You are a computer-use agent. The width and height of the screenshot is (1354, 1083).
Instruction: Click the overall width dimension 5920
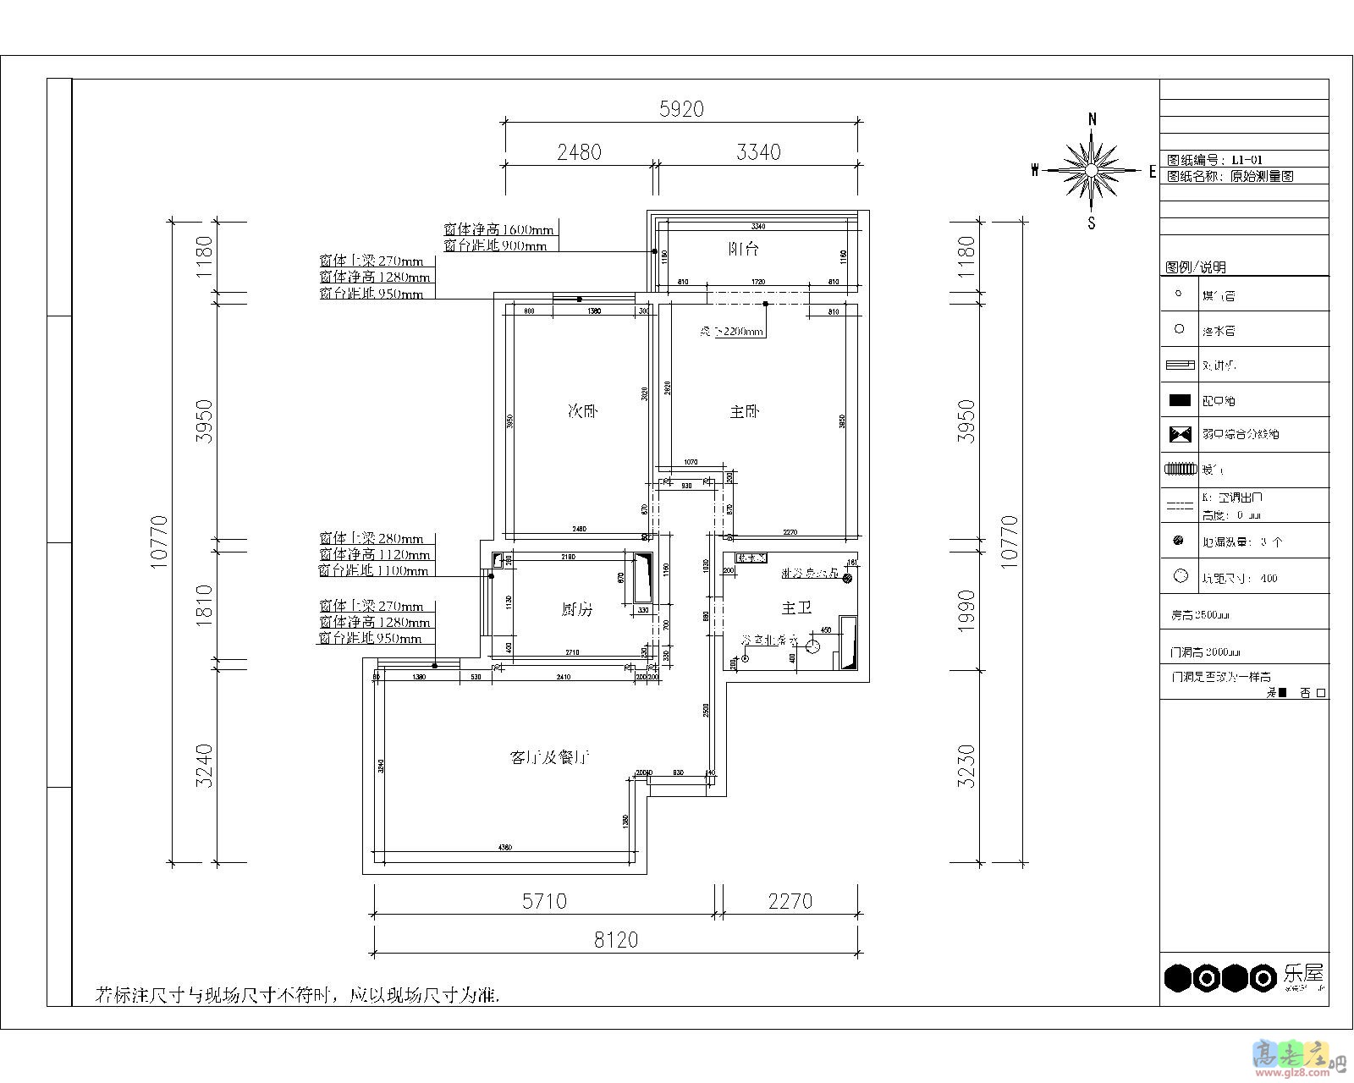click(x=681, y=109)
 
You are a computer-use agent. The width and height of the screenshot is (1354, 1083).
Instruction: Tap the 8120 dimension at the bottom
click(x=615, y=940)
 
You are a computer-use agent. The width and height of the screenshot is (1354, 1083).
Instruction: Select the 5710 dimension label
click(x=543, y=901)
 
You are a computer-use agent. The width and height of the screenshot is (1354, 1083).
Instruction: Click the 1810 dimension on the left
click(x=205, y=602)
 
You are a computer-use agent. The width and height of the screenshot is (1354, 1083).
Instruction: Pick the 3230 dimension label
click(x=966, y=766)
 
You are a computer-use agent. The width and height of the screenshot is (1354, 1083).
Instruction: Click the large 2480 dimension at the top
click(x=579, y=152)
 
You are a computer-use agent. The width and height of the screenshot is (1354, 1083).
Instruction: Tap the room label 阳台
click(x=744, y=250)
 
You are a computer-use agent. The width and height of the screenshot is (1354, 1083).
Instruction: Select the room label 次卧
click(x=582, y=412)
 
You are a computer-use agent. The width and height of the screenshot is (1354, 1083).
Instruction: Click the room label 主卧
click(x=745, y=412)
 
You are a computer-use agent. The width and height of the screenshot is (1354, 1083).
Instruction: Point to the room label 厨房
click(x=577, y=609)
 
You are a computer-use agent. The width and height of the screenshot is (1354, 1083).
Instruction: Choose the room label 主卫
click(x=795, y=607)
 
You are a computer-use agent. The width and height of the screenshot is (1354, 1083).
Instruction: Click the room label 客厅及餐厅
click(x=549, y=757)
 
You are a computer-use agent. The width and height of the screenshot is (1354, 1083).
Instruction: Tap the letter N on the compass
click(x=1093, y=119)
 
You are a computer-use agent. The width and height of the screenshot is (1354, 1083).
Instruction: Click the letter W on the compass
click(x=1035, y=171)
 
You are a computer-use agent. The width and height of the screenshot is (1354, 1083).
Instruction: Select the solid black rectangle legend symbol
click(x=1180, y=400)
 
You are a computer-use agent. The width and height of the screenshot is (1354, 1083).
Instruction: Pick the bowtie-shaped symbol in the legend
click(x=1180, y=434)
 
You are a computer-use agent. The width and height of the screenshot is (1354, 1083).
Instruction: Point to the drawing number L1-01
click(x=1247, y=160)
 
